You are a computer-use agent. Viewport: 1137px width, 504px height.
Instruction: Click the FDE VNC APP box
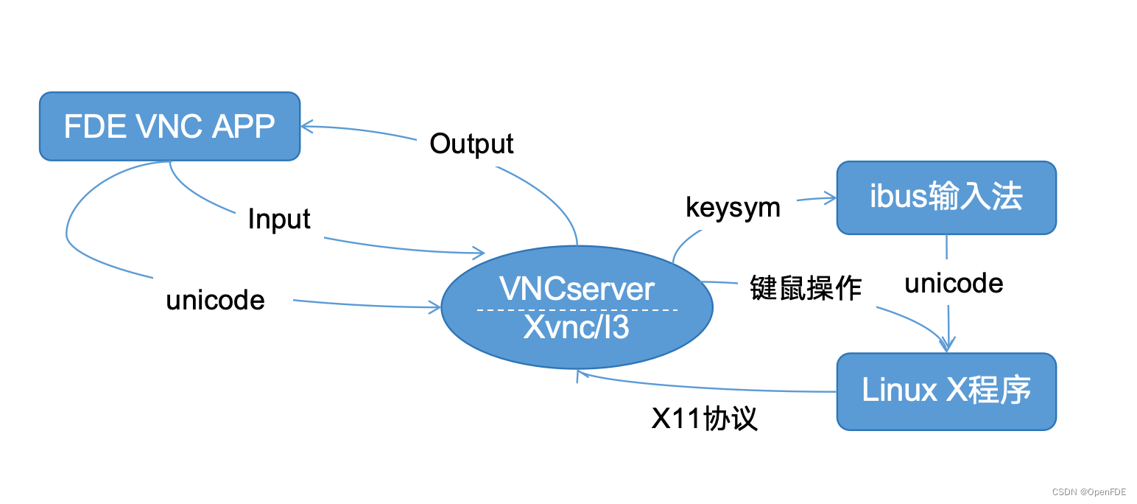click(x=169, y=126)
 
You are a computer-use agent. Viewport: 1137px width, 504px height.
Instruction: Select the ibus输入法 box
click(x=946, y=198)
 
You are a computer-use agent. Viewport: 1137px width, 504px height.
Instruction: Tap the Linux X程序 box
click(x=946, y=391)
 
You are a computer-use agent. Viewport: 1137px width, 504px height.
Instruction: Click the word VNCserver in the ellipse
click(x=577, y=288)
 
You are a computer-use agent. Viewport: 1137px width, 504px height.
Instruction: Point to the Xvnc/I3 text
click(x=577, y=327)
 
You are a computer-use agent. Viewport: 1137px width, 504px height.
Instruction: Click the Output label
click(x=471, y=144)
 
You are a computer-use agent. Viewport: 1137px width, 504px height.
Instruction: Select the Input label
click(x=279, y=219)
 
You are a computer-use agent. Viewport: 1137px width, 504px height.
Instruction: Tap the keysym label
click(x=733, y=207)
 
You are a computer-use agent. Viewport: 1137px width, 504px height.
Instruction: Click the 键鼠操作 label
click(x=806, y=287)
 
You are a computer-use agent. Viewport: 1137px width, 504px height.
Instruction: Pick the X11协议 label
click(x=704, y=419)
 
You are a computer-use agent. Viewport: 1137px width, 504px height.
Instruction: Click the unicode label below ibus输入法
click(x=954, y=283)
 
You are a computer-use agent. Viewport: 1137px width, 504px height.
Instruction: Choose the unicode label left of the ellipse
click(x=215, y=300)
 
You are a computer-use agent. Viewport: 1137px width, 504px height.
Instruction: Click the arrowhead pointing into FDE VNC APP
click(x=305, y=127)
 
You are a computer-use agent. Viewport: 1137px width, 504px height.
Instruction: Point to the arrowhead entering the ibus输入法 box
click(x=831, y=197)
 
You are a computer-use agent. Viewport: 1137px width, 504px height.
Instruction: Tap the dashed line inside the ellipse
click(x=577, y=309)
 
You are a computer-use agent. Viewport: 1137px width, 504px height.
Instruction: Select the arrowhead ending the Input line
click(x=479, y=253)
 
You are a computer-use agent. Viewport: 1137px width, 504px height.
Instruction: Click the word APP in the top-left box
click(x=243, y=127)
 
